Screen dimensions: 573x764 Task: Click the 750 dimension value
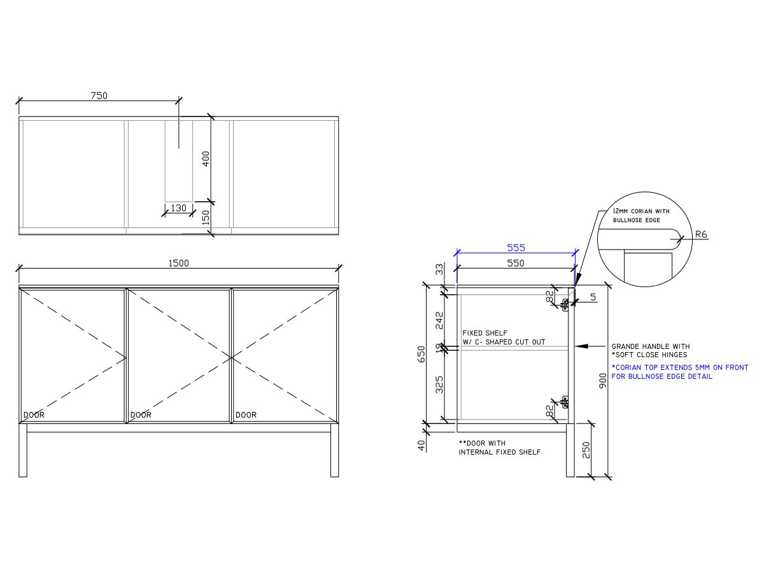(99, 96)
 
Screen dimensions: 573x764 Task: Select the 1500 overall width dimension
(178, 263)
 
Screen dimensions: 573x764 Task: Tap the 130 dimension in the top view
(179, 208)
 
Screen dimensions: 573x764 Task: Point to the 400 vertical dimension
(206, 159)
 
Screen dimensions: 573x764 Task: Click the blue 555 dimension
(516, 248)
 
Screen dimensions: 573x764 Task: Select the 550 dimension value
(515, 263)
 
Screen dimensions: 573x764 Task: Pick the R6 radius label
(701, 234)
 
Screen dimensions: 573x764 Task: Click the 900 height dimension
(603, 381)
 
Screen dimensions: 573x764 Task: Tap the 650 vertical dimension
(421, 354)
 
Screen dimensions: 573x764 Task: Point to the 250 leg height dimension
(586, 449)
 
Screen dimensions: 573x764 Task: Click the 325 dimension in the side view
(439, 385)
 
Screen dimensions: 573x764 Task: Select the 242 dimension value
(439, 320)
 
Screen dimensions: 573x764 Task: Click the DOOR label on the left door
(34, 415)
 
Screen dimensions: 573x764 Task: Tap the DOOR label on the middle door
(141, 415)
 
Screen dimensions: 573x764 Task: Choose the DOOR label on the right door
(246, 415)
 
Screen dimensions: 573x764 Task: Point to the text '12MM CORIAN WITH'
(641, 211)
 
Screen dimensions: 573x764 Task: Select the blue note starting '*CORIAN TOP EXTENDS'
(680, 368)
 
